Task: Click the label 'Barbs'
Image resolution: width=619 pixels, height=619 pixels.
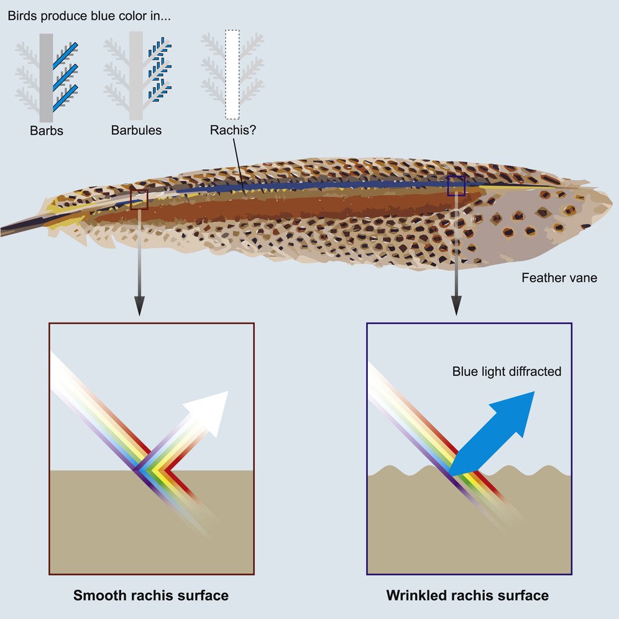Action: pyautogui.click(x=47, y=131)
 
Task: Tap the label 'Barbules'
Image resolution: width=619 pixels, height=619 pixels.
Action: pyautogui.click(x=136, y=131)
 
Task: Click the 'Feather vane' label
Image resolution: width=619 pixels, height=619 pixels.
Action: pyautogui.click(x=559, y=278)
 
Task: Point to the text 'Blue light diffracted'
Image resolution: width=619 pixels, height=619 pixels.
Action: pyautogui.click(x=507, y=372)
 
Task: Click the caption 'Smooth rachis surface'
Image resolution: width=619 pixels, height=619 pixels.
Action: pyautogui.click(x=151, y=595)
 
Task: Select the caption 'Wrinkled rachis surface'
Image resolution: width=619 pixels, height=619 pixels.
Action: pyautogui.click(x=467, y=595)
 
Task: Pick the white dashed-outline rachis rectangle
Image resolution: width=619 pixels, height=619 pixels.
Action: pyautogui.click(x=232, y=75)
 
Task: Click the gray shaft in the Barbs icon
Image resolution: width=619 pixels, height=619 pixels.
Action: pyautogui.click(x=47, y=78)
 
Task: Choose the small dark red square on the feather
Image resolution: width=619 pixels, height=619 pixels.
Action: pyautogui.click(x=139, y=199)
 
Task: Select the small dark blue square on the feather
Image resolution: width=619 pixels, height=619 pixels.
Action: pyautogui.click(x=456, y=185)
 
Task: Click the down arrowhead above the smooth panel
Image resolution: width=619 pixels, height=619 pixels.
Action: pyautogui.click(x=139, y=305)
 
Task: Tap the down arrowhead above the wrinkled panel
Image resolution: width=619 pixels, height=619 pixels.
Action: pyautogui.click(x=457, y=305)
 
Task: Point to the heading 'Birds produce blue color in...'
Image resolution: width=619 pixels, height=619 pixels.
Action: pyautogui.click(x=89, y=16)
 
